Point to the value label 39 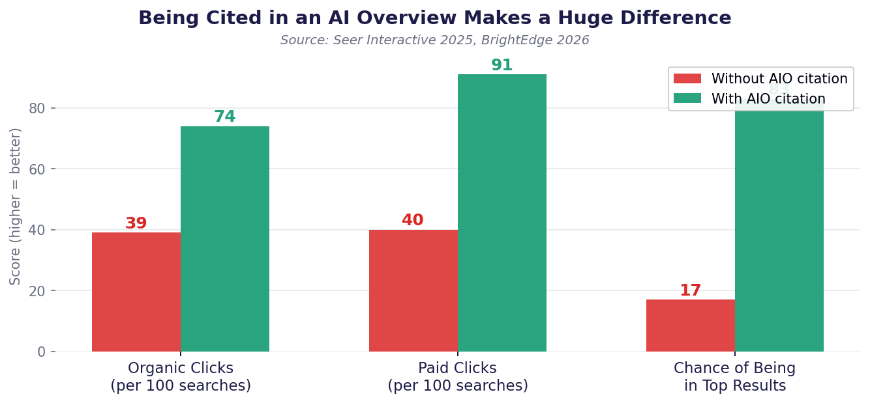[136, 224]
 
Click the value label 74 [224, 117]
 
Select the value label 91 [502, 66]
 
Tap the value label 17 [690, 291]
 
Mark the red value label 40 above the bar [413, 221]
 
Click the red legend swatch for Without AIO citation [687, 79]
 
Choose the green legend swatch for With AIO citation [687, 98]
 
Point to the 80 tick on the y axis [37, 108]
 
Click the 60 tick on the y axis [37, 169]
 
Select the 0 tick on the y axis [42, 352]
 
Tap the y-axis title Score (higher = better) [16, 206]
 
